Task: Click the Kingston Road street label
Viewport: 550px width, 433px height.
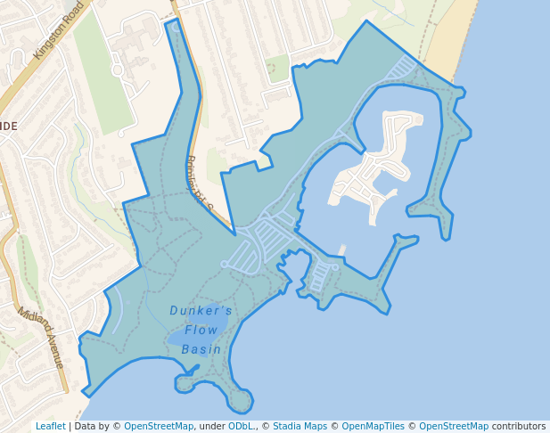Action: point(59,30)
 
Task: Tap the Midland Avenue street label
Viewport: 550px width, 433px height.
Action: point(41,339)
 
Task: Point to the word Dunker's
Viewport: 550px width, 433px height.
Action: point(201,311)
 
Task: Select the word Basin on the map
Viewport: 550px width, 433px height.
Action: point(201,349)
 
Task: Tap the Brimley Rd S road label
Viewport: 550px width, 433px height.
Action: point(202,182)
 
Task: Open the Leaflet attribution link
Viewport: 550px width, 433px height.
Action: point(50,426)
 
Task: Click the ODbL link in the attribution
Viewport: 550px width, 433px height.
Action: point(241,426)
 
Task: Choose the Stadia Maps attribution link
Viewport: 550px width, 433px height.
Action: point(300,426)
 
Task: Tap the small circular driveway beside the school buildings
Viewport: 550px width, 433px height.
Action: point(117,69)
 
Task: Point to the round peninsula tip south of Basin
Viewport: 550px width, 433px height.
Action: point(239,400)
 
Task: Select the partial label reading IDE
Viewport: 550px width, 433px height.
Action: point(8,127)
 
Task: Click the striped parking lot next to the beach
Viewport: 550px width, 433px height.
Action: point(405,68)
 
